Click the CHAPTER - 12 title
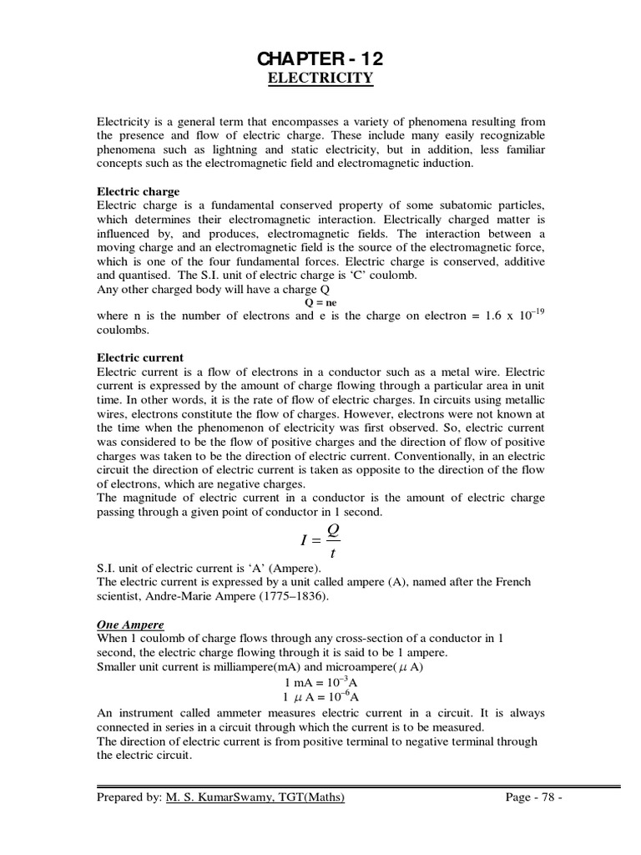point(320,59)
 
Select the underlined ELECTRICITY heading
point(320,79)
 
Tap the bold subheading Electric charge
point(138,191)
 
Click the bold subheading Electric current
point(140,357)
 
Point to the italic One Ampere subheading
point(130,625)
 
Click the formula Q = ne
point(320,303)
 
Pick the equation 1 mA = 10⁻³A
point(321,682)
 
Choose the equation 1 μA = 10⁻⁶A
point(321,696)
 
